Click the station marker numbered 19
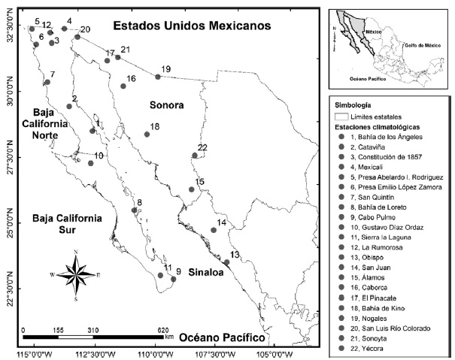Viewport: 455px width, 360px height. coord(158,77)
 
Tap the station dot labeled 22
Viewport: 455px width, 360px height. coord(195,156)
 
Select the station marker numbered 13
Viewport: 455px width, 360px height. coord(226,262)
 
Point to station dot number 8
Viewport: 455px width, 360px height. coord(135,210)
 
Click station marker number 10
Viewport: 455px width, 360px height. coord(91,163)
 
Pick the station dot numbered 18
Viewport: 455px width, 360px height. coord(147,135)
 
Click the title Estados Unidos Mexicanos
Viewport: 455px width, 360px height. coord(191,26)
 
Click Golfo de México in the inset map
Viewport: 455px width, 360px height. coord(426,45)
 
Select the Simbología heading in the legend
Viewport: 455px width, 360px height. coord(355,105)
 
